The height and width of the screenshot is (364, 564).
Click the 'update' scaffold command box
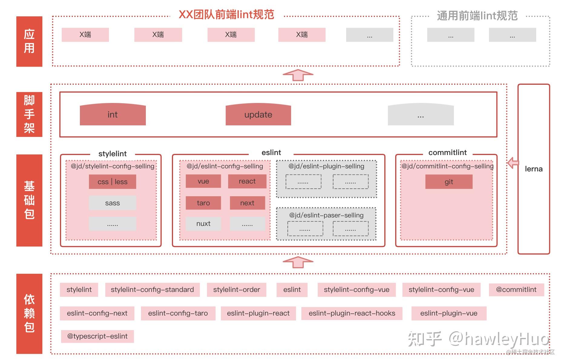(x=258, y=115)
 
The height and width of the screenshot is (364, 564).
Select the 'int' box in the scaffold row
(x=113, y=115)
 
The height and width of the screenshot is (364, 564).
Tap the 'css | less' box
(x=112, y=182)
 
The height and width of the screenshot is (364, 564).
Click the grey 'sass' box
(x=112, y=203)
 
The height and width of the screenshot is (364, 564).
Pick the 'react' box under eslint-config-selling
(x=247, y=181)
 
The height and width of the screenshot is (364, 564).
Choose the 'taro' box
(x=203, y=203)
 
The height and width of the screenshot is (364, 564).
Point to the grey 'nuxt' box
(x=203, y=223)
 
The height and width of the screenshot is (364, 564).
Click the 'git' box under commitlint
(x=449, y=182)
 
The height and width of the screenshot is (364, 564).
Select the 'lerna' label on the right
(x=533, y=169)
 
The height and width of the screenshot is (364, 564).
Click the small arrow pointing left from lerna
(x=513, y=163)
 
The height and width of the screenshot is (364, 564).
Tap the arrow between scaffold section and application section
(x=298, y=75)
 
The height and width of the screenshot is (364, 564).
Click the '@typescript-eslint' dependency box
(x=97, y=336)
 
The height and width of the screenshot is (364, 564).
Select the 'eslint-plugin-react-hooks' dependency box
(x=352, y=313)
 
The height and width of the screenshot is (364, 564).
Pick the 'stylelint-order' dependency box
(x=236, y=290)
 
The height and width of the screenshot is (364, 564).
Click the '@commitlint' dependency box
(x=516, y=290)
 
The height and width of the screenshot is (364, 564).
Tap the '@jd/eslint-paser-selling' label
(x=326, y=215)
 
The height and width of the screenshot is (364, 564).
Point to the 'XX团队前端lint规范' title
(x=226, y=15)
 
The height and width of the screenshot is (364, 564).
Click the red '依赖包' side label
(x=29, y=313)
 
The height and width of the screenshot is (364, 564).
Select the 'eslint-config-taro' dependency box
(x=178, y=313)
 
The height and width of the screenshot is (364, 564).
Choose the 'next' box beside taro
(x=247, y=203)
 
